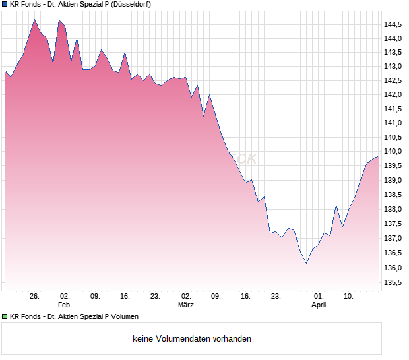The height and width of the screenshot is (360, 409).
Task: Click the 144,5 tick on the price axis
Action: pyautogui.click(x=393, y=24)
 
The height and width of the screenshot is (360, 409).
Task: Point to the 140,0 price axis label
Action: pyautogui.click(x=393, y=152)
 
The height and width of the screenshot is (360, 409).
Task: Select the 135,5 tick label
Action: pyautogui.click(x=393, y=282)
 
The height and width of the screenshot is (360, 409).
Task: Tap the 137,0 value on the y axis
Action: pyautogui.click(x=393, y=238)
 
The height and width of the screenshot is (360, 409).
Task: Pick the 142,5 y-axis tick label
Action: pyautogui.click(x=393, y=81)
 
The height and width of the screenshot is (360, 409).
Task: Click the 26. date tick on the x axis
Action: pyautogui.click(x=35, y=296)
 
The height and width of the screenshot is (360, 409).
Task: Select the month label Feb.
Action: pyautogui.click(x=64, y=305)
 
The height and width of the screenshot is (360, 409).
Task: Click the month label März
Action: pyautogui.click(x=186, y=305)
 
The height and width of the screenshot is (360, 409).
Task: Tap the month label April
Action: pyautogui.click(x=319, y=305)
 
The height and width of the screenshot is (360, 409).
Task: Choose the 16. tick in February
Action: pyautogui.click(x=125, y=296)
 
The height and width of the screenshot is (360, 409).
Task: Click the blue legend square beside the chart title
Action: pyautogui.click(x=5, y=5)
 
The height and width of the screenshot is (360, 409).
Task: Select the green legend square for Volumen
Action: pyautogui.click(x=5, y=317)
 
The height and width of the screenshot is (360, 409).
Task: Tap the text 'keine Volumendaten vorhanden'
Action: pyautogui.click(x=192, y=339)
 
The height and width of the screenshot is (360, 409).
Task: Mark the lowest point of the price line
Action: pyautogui.click(x=306, y=264)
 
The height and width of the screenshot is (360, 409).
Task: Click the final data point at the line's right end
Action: pyautogui.click(x=379, y=156)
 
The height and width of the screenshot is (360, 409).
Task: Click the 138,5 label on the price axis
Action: pyautogui.click(x=393, y=195)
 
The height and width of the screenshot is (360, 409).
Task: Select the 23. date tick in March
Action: pyautogui.click(x=276, y=296)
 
